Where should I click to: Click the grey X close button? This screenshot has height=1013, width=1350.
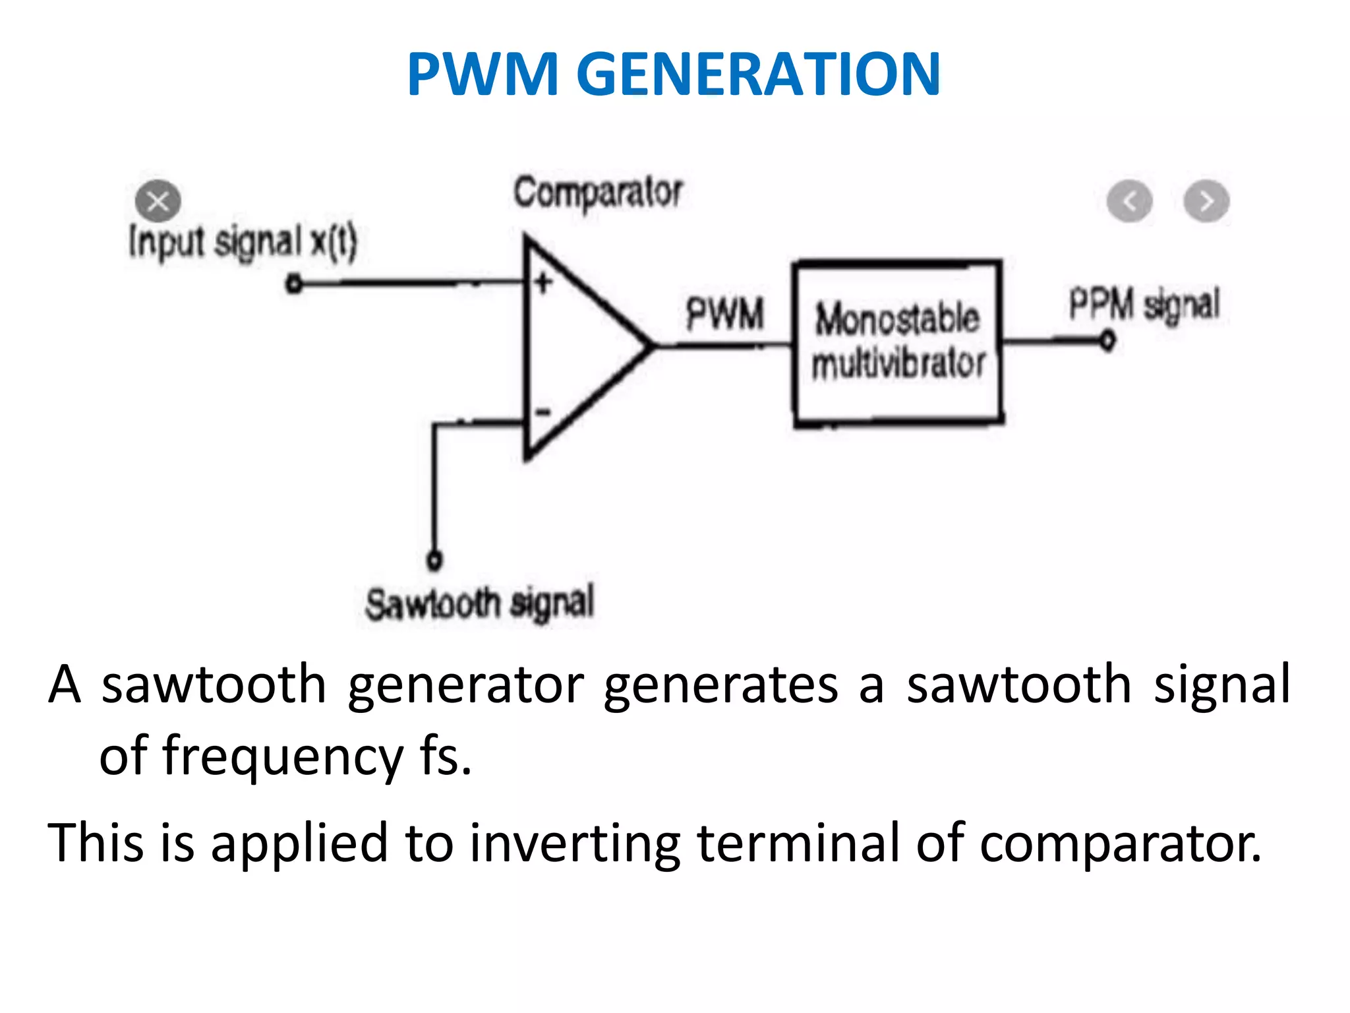pyautogui.click(x=158, y=200)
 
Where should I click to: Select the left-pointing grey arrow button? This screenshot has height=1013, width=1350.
pyautogui.click(x=1129, y=201)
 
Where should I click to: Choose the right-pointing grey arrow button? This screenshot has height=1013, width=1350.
pyautogui.click(x=1206, y=201)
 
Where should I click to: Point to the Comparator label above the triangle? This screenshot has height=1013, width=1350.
pyautogui.click(x=597, y=193)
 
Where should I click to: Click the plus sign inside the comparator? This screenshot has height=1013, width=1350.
pyautogui.click(x=543, y=283)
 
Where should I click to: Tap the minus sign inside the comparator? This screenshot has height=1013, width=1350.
pyautogui.click(x=543, y=413)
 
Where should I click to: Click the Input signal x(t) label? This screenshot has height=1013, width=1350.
pyautogui.click(x=243, y=242)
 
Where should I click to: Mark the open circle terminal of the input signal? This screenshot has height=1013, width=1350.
pyautogui.click(x=294, y=284)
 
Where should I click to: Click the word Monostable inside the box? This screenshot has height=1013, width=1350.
pyautogui.click(x=896, y=319)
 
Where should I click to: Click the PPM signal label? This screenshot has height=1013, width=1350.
pyautogui.click(x=1144, y=305)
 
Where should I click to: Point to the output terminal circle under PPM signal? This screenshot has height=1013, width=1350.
pyautogui.click(x=1108, y=340)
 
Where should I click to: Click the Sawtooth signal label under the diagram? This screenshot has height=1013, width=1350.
pyautogui.click(x=479, y=603)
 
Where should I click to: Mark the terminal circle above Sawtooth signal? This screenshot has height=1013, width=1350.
pyautogui.click(x=434, y=560)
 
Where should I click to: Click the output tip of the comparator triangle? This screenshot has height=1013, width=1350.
pyautogui.click(x=651, y=345)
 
